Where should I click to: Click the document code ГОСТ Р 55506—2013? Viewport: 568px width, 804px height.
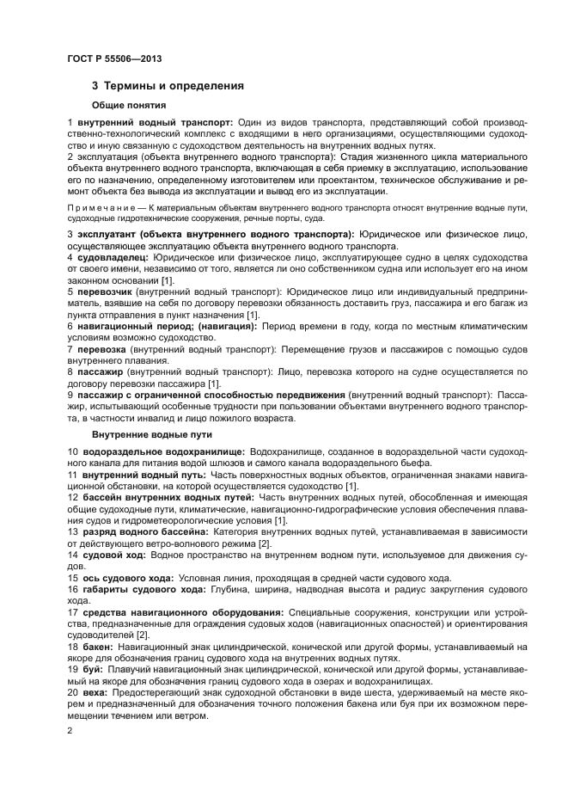coord(113,58)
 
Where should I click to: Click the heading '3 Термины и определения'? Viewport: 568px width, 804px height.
coord(168,86)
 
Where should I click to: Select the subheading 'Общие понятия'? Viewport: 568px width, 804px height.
coord(128,105)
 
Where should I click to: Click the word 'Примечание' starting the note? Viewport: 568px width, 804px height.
coord(95,208)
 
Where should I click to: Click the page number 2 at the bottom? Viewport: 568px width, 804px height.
coord(70,729)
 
